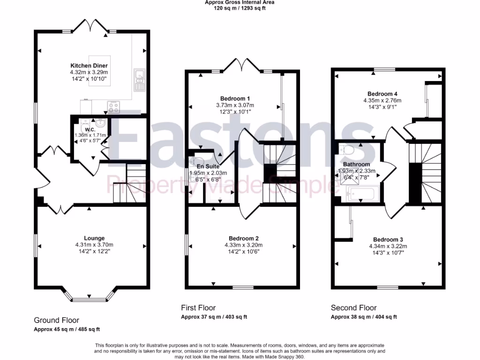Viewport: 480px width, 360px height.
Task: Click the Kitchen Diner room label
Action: [89, 65]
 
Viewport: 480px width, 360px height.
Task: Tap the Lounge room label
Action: [94, 238]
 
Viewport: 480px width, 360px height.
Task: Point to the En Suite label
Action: [207, 166]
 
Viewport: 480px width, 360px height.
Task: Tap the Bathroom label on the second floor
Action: [356, 165]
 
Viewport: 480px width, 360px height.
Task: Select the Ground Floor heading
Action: [56, 320]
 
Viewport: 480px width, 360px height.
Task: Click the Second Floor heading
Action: [353, 308]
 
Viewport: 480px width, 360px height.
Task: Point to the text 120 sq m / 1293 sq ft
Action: [240, 8]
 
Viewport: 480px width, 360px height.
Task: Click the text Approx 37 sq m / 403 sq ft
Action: [214, 317]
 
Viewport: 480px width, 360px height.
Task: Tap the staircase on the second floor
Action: [424, 173]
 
